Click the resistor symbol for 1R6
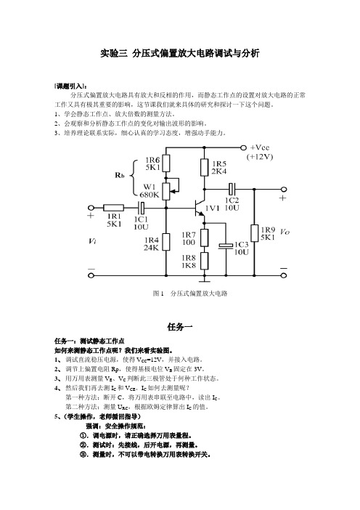(166, 163)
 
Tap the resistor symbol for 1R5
(205, 168)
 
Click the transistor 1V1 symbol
(199, 209)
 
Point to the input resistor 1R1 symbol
(113, 208)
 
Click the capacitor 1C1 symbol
(142, 208)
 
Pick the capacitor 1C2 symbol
(232, 189)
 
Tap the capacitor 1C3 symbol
(226, 246)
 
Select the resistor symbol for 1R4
(166, 242)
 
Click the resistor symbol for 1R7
(205, 238)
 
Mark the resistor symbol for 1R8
(205, 261)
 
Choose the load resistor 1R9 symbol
(255, 233)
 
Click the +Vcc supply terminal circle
(244, 147)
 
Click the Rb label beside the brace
(120, 175)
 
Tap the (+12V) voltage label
(260, 157)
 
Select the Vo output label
(285, 232)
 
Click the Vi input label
(92, 241)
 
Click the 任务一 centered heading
(180, 326)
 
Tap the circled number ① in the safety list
(83, 435)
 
